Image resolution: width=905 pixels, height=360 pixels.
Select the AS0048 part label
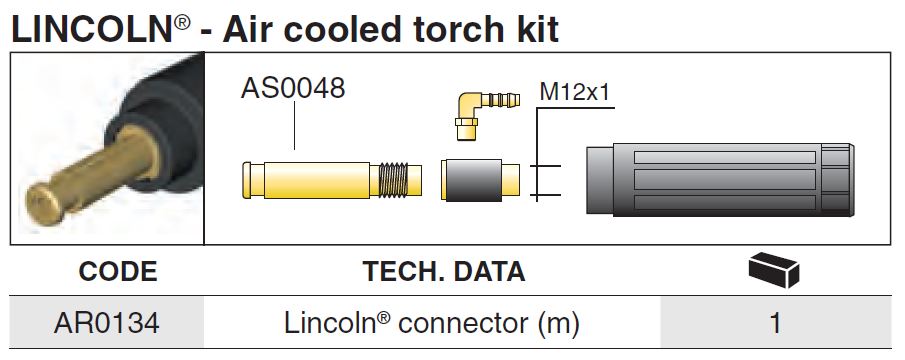[293, 88]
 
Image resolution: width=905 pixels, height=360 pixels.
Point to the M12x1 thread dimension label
[574, 92]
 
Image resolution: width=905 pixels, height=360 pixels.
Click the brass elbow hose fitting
[482, 112]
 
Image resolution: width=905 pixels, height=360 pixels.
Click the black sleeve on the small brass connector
[472, 181]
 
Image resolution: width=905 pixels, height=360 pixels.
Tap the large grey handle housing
[720, 180]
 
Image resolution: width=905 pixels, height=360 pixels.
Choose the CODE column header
[118, 271]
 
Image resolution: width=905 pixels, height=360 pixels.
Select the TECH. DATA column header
[444, 271]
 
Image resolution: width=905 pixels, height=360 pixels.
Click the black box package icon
[773, 270]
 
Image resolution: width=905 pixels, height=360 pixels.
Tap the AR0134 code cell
[106, 323]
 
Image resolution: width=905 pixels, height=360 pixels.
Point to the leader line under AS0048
[294, 126]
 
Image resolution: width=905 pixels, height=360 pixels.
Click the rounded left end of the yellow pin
[247, 181]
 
